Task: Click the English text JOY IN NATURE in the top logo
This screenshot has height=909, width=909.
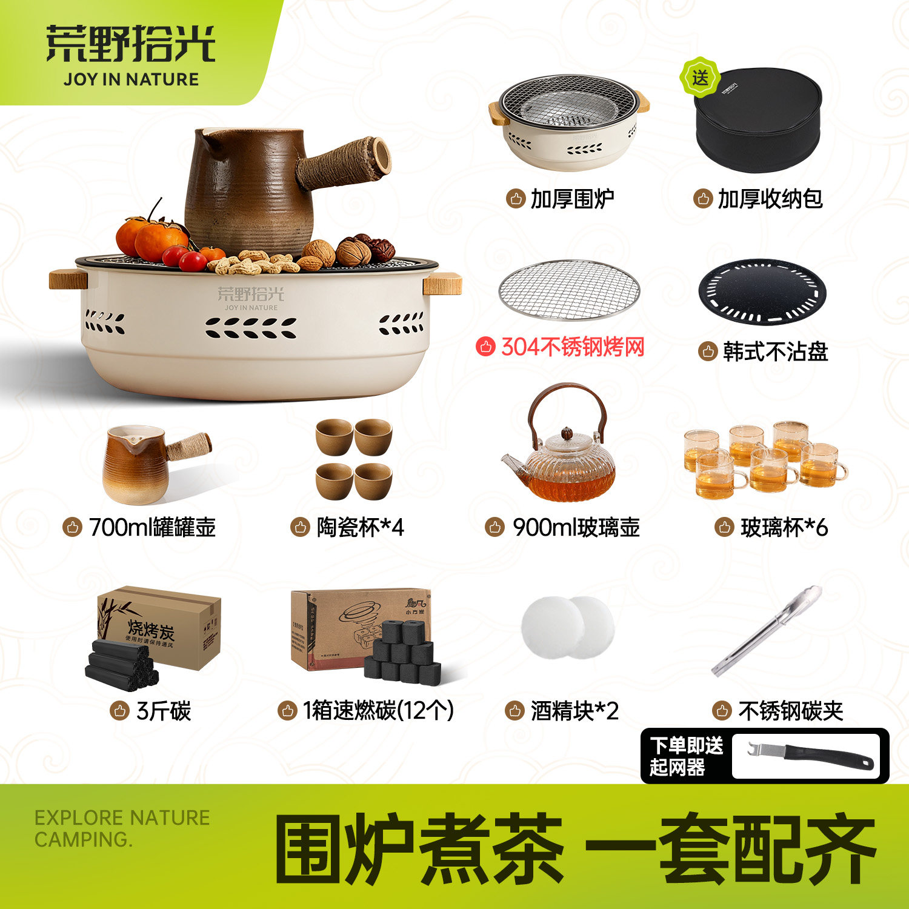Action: pos(131,79)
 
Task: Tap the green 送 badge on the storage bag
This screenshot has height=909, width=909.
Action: pos(700,78)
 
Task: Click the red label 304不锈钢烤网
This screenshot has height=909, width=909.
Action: pos(572,347)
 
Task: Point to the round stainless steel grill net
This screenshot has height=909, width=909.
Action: pos(569,290)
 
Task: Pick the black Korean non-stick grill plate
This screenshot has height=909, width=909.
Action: pos(762,292)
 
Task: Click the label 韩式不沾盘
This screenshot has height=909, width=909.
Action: pos(775,351)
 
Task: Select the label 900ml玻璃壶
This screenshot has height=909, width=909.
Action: pos(576,528)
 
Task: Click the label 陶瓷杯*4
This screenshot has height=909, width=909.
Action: pos(360,528)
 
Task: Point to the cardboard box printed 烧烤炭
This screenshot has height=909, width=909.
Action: pos(159,627)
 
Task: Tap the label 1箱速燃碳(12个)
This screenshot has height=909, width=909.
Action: pos(378,711)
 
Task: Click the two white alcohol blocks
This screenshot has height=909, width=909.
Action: pos(568,627)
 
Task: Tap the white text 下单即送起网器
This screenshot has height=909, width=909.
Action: pos(686,756)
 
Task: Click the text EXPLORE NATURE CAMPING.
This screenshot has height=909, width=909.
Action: pos(122,828)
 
